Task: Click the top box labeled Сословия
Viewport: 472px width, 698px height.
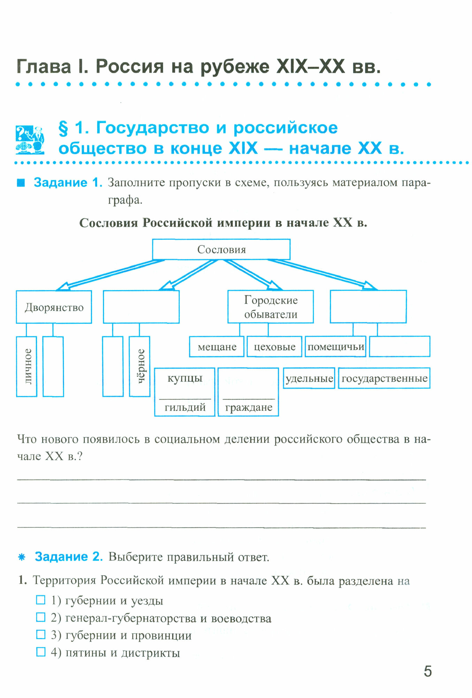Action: [x=221, y=249]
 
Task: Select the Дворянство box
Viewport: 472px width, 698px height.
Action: [x=54, y=307]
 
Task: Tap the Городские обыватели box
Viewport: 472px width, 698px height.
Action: [x=271, y=307]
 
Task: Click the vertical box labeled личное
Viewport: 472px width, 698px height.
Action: [x=27, y=366]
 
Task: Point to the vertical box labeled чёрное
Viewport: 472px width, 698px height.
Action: [x=139, y=366]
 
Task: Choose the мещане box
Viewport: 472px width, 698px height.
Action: [x=216, y=347]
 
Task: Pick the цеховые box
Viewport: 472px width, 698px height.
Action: [x=274, y=347]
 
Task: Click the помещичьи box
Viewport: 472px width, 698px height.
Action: [x=335, y=347]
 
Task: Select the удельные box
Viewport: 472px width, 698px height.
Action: [x=309, y=378]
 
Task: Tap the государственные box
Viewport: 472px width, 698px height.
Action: [x=384, y=378]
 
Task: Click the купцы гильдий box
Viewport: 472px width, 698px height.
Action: [x=185, y=392]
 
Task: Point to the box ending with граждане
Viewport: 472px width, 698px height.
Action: [x=248, y=392]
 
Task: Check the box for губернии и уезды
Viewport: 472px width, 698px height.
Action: [x=41, y=600]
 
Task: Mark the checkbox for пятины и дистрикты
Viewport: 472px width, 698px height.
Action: [x=41, y=652]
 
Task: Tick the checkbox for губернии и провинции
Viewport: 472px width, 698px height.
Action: [x=41, y=634]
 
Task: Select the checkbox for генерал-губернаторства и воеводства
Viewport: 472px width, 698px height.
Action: [x=41, y=617]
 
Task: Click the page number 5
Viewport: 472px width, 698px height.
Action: [x=427, y=671]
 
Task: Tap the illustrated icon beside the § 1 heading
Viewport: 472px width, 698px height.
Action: [x=30, y=140]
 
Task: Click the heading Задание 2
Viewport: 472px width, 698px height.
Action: [x=69, y=557]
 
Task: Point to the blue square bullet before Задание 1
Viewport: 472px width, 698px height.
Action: [x=21, y=183]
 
